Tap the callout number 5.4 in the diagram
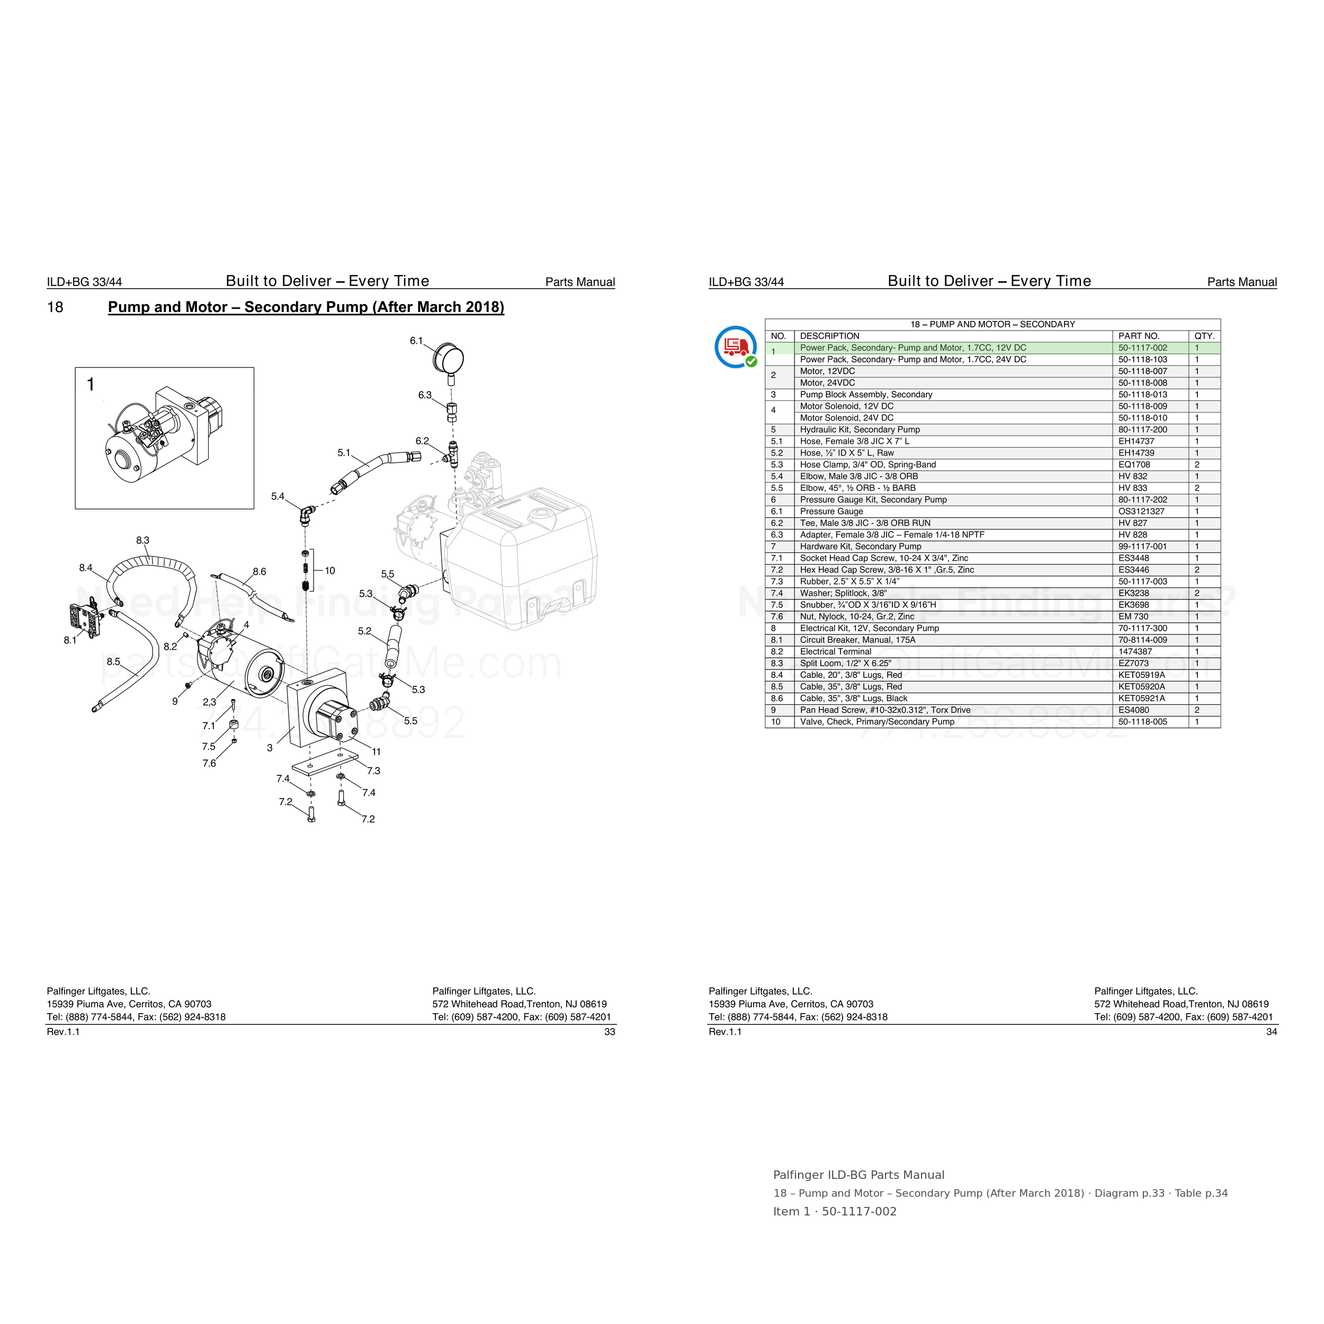[278, 496]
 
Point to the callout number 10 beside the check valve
[329, 570]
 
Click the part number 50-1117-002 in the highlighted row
[1142, 347]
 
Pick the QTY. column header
[1204, 336]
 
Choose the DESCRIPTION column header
[829, 336]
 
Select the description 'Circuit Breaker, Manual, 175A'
[857, 640]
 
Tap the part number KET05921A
[1142, 699]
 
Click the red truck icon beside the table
[735, 347]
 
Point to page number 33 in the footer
[609, 1032]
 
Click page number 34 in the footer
[1271, 1032]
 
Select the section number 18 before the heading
[55, 307]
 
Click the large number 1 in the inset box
[91, 385]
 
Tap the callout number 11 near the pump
[376, 752]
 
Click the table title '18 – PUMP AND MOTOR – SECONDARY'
[992, 324]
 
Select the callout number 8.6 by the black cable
[259, 571]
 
